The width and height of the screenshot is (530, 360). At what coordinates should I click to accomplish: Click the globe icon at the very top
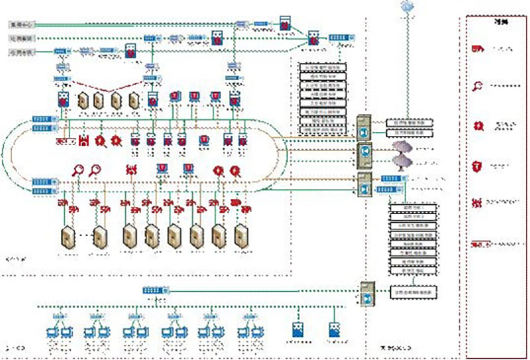(407, 7)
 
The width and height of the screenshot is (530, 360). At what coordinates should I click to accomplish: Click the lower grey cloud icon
(401, 161)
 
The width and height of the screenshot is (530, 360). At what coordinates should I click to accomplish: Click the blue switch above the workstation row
(156, 290)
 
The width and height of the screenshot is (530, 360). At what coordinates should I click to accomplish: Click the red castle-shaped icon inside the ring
(85, 141)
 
